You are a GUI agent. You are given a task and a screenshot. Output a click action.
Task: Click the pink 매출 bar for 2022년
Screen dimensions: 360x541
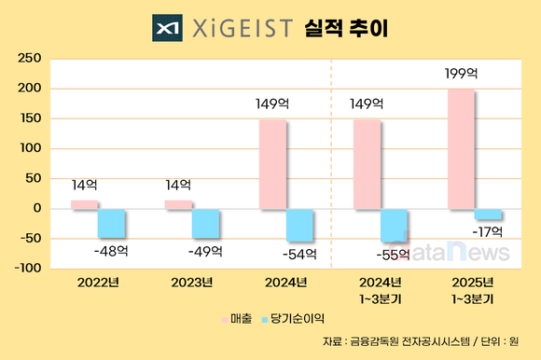pos(84,204)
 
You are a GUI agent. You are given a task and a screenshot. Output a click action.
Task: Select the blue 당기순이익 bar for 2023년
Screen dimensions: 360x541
pos(206,223)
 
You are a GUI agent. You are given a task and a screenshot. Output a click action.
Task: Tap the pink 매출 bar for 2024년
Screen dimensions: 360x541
pos(272,164)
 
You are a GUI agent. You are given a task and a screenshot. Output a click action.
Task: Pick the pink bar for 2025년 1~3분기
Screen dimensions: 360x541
pos(462,148)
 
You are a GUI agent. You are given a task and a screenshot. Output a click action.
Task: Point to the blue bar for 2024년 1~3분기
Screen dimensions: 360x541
pos(394,225)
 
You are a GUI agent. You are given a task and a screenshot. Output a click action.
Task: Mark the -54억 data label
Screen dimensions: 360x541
pos(300,253)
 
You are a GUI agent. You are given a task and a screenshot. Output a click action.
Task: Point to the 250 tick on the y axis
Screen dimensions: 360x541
pos(29,59)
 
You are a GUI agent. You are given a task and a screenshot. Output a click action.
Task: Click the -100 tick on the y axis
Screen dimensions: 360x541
pos(25,269)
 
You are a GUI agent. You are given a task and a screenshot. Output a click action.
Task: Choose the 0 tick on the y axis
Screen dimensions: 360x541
pos(36,208)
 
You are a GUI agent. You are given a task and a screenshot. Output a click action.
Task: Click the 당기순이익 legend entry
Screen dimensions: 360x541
pos(294,320)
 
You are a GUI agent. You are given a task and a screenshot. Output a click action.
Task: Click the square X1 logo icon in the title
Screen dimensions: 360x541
pos(168,27)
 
